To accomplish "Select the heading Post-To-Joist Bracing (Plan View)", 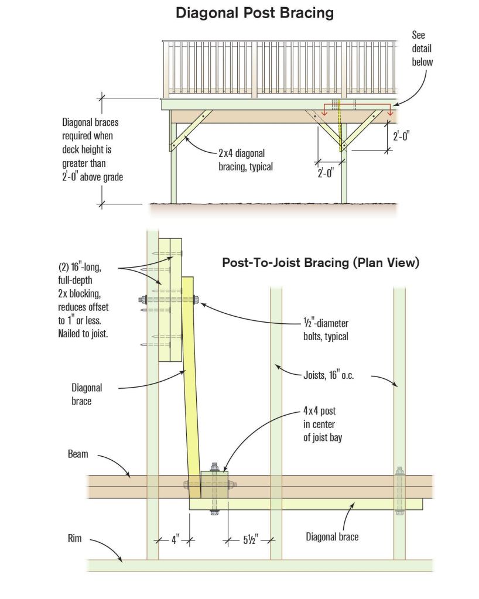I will tap(320, 263).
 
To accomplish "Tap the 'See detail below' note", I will tap(422, 49).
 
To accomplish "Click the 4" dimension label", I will tap(175, 540).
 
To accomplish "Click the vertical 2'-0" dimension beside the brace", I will tap(401, 136).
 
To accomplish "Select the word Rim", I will tap(74, 539).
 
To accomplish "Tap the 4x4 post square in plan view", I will tap(214, 484).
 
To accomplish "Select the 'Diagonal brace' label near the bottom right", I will tap(332, 536).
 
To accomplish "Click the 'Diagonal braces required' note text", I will tap(93, 149).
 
